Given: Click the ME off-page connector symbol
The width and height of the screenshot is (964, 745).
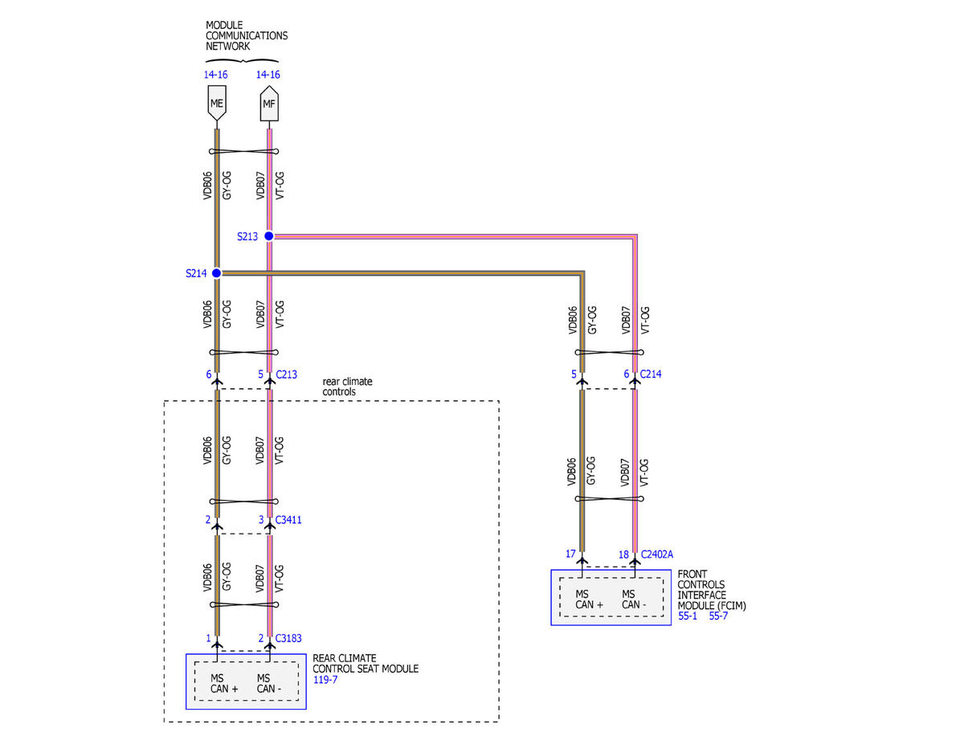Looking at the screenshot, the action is [216, 103].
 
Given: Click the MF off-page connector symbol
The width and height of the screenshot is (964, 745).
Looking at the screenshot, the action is [269, 104].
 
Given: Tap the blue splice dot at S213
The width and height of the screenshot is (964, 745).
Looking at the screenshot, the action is [269, 236].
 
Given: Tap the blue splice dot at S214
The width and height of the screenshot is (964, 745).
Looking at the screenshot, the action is [216, 273].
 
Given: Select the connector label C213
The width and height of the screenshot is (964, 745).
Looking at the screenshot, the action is [287, 375].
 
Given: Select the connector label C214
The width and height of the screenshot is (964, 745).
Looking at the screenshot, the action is [651, 374].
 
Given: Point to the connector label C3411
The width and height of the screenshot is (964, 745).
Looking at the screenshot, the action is [288, 520].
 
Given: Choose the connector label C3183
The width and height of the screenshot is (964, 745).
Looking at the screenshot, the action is [288, 638].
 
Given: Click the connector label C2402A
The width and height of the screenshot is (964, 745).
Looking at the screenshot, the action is [657, 555].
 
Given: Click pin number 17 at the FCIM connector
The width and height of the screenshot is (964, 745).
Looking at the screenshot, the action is [570, 554].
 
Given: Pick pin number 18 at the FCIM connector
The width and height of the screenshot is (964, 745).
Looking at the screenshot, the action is [623, 555].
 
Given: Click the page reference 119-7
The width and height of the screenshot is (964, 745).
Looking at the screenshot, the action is [325, 680].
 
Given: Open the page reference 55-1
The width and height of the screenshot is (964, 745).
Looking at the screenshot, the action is [688, 616].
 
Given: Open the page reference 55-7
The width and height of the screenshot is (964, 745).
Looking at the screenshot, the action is [718, 616].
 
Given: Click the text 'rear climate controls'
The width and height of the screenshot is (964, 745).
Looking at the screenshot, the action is [347, 387].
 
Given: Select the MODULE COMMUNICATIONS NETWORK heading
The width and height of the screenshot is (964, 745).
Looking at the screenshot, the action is [246, 35].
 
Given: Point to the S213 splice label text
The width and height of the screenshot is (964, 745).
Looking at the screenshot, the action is [247, 236].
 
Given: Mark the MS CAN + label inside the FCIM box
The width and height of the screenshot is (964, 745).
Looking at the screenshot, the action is [589, 600].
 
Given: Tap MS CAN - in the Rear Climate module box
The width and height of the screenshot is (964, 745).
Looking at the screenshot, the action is [269, 684].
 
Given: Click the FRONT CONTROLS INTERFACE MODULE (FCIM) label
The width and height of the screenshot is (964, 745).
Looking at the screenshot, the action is [712, 590].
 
